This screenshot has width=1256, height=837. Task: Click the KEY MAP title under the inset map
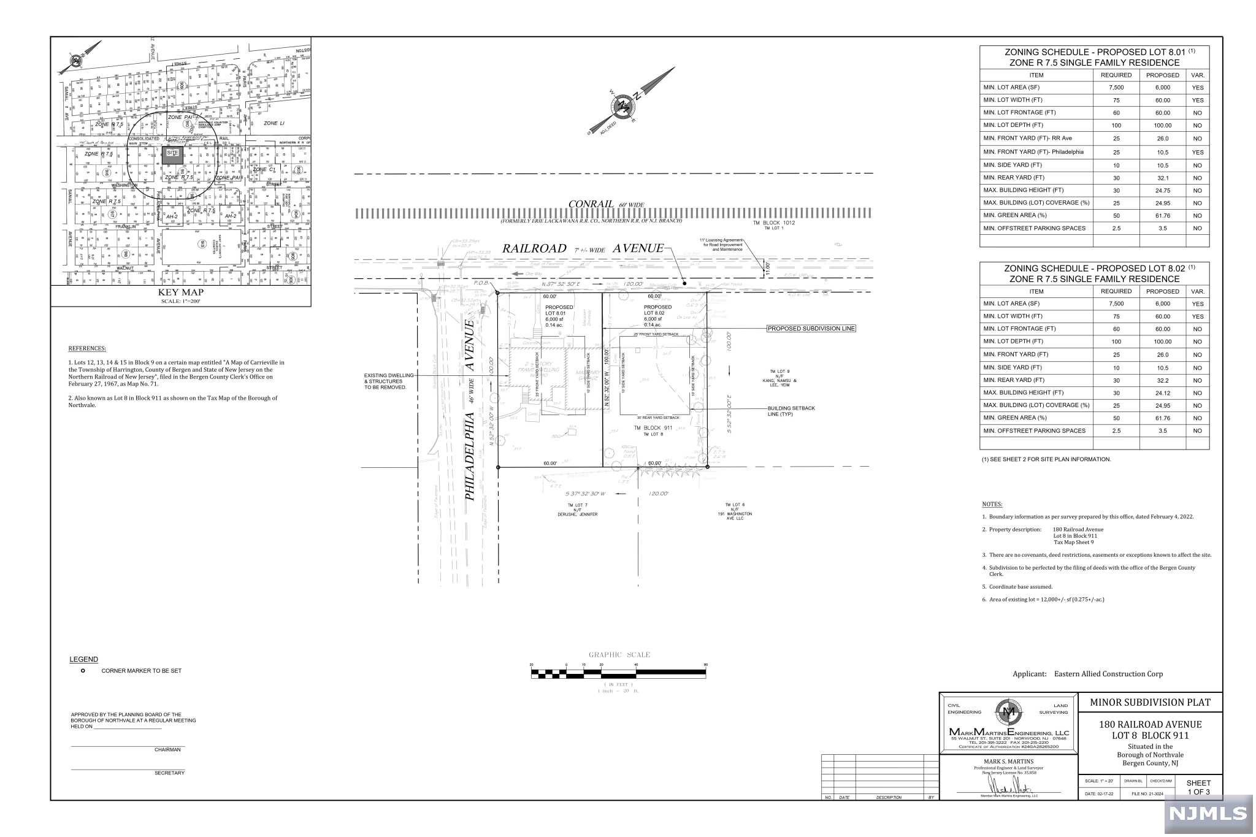click(180, 293)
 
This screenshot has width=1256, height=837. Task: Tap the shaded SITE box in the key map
click(172, 154)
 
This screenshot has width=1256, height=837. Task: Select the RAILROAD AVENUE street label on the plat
click(583, 248)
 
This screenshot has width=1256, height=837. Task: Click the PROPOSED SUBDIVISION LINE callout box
click(811, 329)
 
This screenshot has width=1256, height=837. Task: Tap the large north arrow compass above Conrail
click(624, 107)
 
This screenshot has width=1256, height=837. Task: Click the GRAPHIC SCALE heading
click(619, 655)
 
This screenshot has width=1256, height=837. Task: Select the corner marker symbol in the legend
click(83, 671)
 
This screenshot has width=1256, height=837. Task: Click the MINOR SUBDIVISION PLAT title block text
click(1149, 703)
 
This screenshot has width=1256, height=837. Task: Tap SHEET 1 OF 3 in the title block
click(1198, 787)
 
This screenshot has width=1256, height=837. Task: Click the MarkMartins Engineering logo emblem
click(1009, 713)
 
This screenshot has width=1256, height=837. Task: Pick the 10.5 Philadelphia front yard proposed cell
click(1162, 152)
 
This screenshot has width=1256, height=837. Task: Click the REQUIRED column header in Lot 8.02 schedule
click(1116, 291)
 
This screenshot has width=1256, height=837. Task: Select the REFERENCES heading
click(87, 348)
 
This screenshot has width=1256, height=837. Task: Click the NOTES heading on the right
click(992, 504)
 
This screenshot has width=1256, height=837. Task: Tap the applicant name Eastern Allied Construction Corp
click(1108, 674)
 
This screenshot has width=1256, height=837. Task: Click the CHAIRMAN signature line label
click(167, 750)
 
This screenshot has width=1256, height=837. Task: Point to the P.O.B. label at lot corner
click(480, 283)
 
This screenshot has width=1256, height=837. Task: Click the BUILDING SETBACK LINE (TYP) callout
click(791, 411)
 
